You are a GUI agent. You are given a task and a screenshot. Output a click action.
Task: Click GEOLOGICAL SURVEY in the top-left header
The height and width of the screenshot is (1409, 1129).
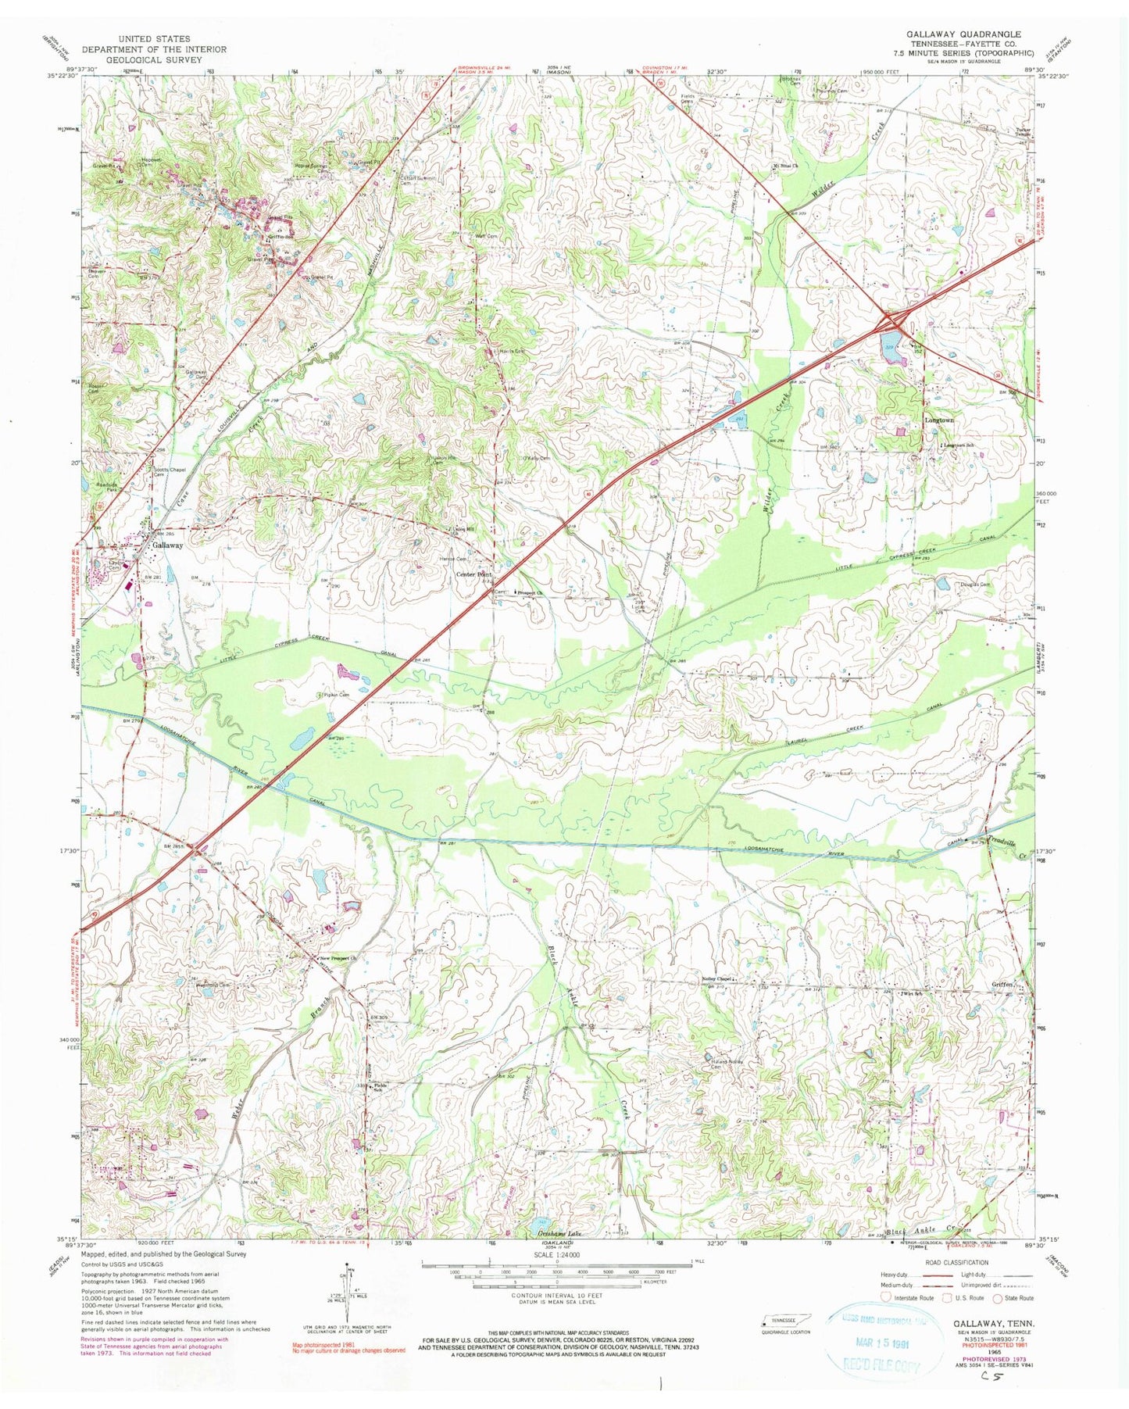click(x=154, y=59)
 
